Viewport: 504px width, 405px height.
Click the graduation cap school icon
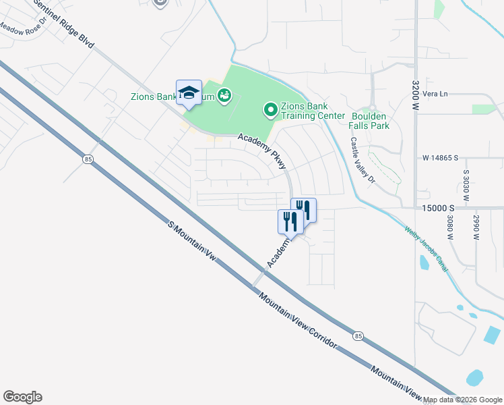(189, 92)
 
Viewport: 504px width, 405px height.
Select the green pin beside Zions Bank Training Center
(270, 109)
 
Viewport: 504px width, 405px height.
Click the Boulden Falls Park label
(370, 121)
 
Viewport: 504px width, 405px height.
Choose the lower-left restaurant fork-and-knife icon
(290, 221)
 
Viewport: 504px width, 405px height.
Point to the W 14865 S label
(440, 158)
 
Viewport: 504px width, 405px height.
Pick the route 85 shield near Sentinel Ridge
(88, 159)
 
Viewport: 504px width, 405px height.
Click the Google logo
(22, 397)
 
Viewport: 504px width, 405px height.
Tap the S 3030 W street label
(466, 185)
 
